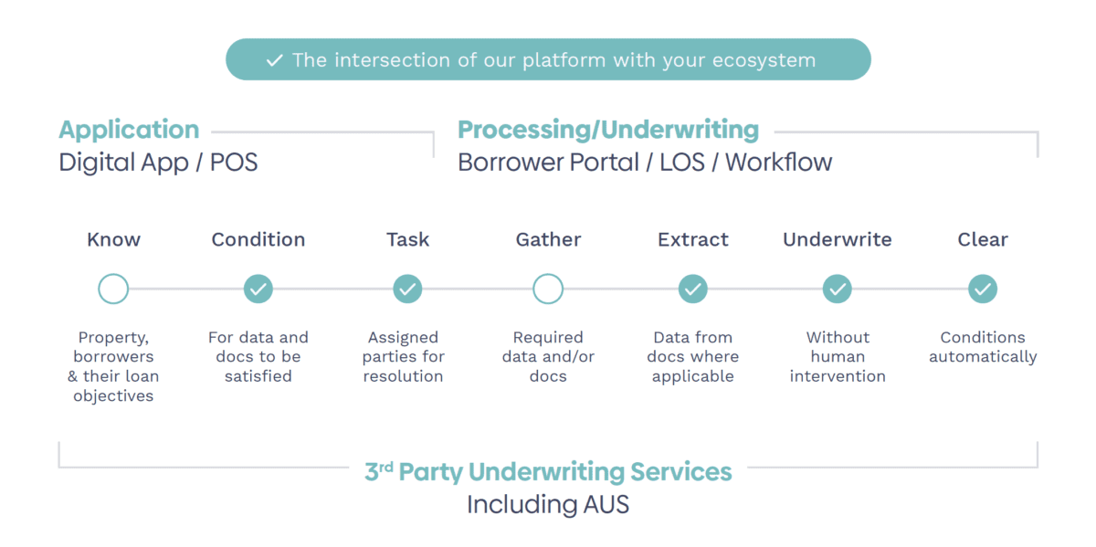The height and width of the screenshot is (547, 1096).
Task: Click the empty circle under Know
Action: (x=113, y=289)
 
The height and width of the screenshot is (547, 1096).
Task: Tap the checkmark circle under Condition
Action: (x=258, y=289)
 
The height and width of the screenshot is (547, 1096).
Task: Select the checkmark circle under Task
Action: (x=407, y=289)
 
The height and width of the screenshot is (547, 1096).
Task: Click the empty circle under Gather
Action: (x=548, y=289)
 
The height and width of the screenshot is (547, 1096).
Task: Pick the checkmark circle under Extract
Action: (x=693, y=289)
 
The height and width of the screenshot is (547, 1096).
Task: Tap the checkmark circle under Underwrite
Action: (x=838, y=289)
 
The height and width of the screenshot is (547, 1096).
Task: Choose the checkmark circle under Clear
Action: (x=983, y=289)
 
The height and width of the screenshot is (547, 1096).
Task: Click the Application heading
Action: (x=129, y=130)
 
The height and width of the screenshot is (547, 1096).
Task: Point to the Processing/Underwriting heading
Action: (x=607, y=130)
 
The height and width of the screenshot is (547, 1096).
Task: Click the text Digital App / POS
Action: (x=158, y=163)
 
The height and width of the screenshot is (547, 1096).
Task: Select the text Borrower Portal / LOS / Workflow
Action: (x=645, y=163)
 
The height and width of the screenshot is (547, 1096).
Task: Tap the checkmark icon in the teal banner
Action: (x=275, y=60)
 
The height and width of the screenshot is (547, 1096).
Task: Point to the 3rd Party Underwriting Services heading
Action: (x=548, y=472)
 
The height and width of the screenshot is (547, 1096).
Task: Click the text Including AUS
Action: (x=548, y=504)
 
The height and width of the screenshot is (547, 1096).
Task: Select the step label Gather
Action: (x=548, y=239)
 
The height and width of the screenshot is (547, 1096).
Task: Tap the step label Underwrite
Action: (x=838, y=239)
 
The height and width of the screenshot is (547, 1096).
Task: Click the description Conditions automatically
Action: (x=983, y=347)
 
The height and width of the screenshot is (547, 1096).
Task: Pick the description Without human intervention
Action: (x=838, y=356)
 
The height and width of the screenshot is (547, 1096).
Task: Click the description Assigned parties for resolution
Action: (x=403, y=356)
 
